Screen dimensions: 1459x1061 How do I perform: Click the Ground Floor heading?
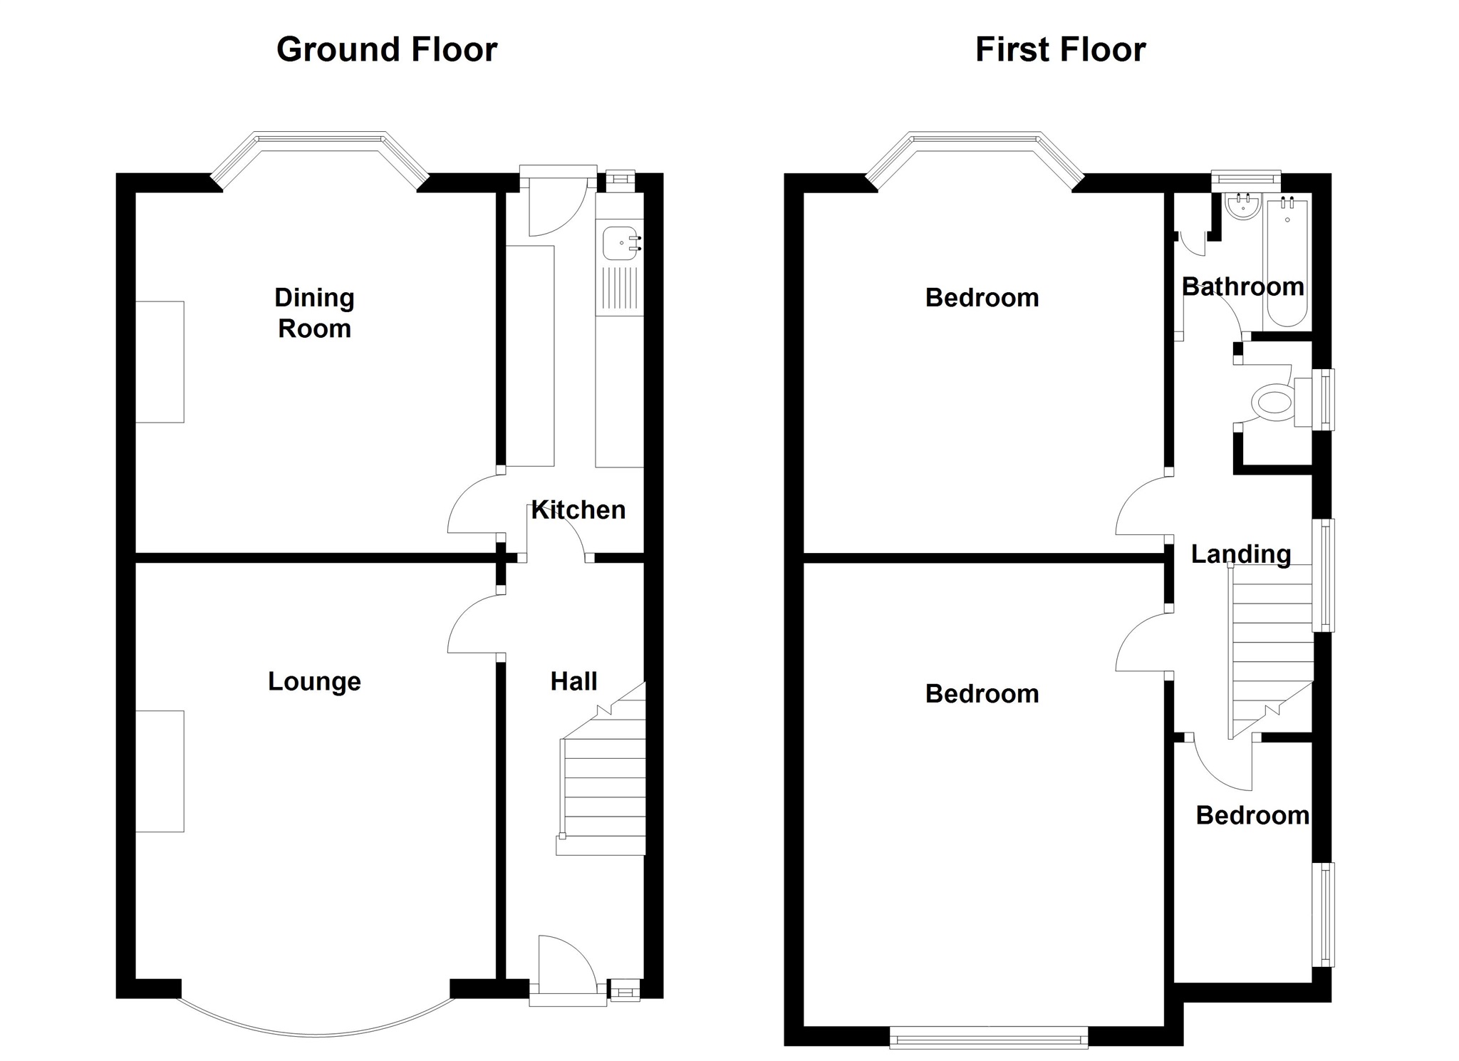tap(386, 50)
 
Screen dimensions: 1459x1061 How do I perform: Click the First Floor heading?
tap(1060, 50)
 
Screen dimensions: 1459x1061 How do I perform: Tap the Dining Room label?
tap(314, 313)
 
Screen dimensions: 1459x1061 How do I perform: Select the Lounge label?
tap(314, 681)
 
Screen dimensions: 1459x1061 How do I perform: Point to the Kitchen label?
tap(578, 509)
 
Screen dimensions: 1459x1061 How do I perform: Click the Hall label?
tap(573, 681)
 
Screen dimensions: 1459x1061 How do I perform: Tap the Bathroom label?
tap(1242, 286)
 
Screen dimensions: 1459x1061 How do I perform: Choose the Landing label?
tap(1241, 554)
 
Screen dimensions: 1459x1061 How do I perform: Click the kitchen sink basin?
tap(619, 242)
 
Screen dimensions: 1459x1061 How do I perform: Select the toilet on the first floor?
tap(1272, 402)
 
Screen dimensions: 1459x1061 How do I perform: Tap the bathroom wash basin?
tap(1243, 206)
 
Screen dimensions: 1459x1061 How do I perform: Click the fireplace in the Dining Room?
tap(160, 362)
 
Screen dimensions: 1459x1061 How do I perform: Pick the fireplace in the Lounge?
tap(160, 771)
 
